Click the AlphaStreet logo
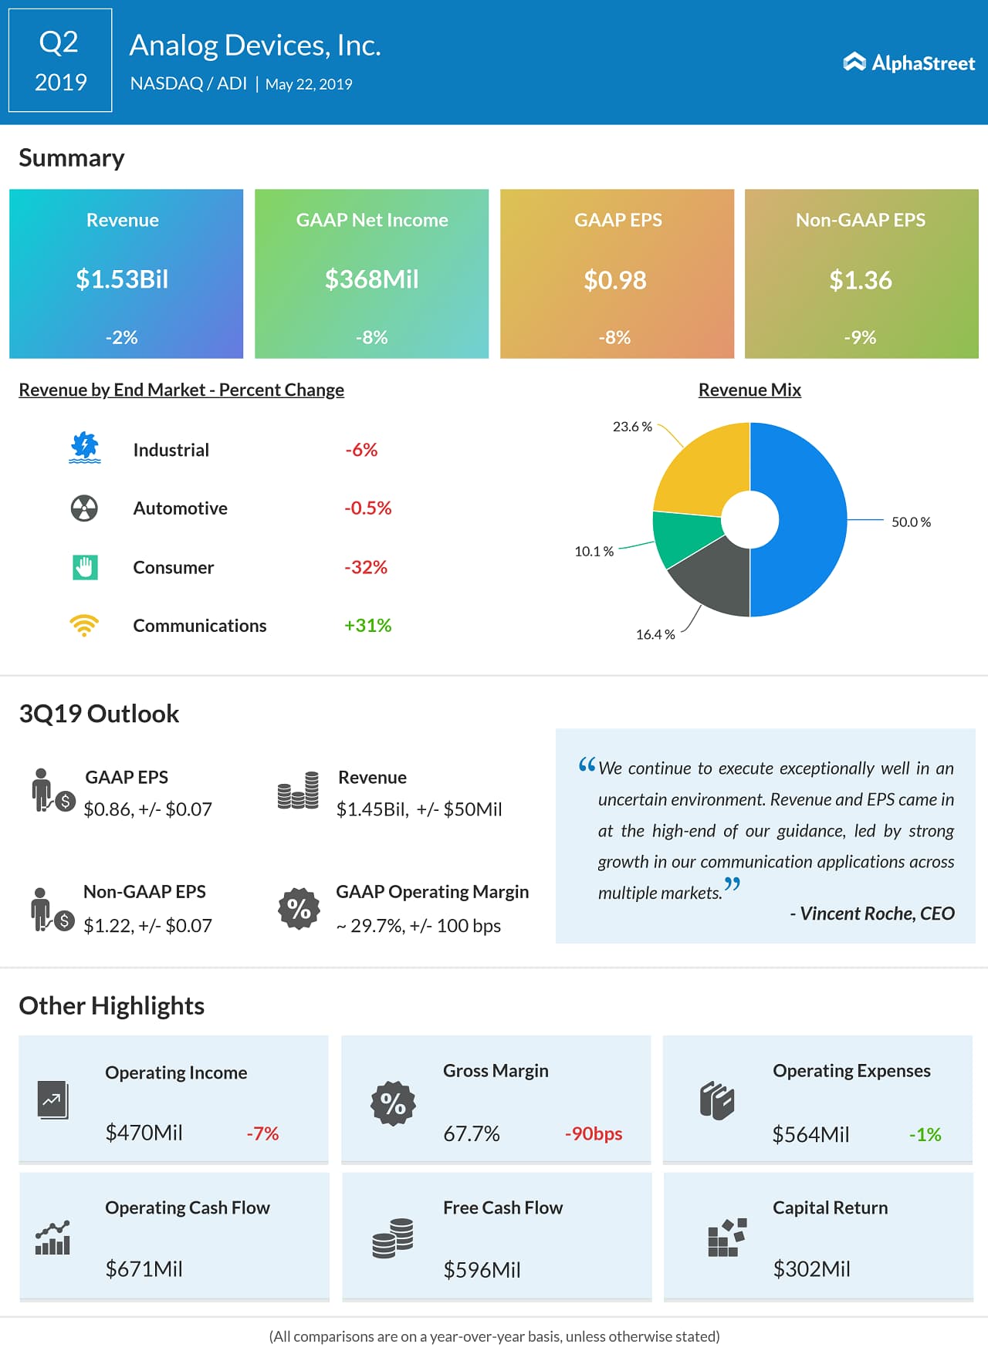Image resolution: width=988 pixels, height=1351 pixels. click(908, 62)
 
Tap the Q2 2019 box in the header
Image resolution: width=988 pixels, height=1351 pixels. click(60, 61)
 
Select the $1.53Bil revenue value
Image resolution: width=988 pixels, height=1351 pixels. click(122, 279)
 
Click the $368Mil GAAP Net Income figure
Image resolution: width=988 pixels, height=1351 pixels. click(371, 279)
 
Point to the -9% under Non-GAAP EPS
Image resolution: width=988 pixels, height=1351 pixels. click(860, 337)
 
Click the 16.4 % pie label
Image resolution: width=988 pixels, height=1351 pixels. click(655, 634)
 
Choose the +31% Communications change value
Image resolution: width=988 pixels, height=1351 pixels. click(367, 625)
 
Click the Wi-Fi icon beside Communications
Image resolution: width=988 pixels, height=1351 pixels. click(84, 625)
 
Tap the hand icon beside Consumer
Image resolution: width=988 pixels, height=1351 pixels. click(85, 567)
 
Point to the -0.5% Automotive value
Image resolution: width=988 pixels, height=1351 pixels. click(367, 508)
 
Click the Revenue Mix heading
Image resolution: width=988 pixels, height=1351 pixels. click(749, 390)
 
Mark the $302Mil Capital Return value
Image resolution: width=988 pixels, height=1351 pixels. click(811, 1269)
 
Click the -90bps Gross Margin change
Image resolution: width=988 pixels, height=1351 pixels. click(593, 1133)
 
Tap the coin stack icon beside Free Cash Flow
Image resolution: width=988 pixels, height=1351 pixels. click(393, 1238)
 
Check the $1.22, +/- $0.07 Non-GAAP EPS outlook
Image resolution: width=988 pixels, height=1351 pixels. click(147, 925)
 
